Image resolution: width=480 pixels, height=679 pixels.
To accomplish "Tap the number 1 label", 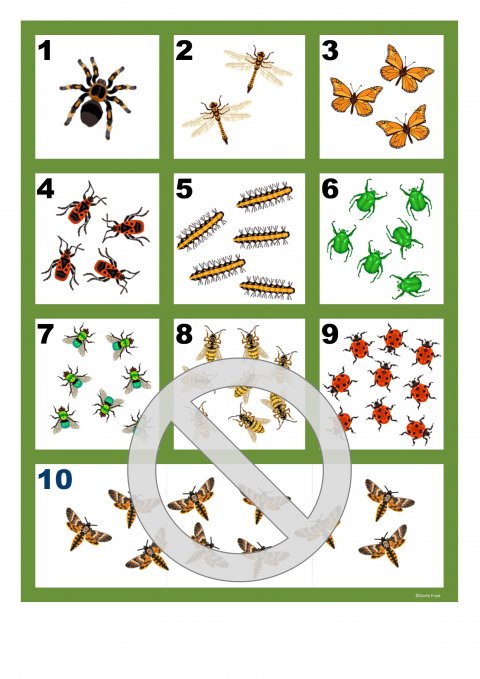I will (45, 52).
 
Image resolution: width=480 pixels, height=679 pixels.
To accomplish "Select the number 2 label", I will (184, 52).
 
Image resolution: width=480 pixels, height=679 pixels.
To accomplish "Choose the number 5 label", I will (184, 189).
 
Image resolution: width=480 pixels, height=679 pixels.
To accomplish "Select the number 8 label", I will (184, 333).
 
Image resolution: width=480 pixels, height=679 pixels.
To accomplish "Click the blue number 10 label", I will (56, 479).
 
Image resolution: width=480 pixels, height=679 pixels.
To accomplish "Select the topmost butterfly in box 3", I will (406, 68).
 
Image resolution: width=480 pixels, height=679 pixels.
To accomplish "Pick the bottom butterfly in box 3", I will (401, 127).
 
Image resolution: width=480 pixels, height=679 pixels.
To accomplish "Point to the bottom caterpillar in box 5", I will (268, 288).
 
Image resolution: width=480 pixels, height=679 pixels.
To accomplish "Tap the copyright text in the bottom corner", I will (427, 595).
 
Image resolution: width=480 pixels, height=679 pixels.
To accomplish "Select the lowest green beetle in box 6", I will (408, 285).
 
